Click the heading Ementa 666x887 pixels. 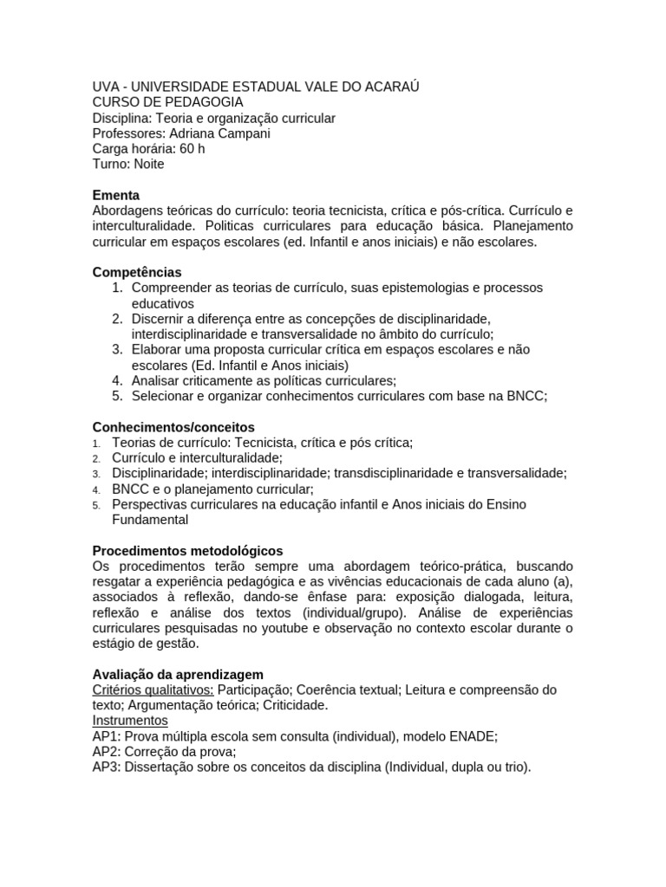pyautogui.click(x=115, y=196)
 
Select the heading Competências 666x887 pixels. pyautogui.click(x=137, y=272)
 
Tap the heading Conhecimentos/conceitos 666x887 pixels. pyautogui.click(x=173, y=427)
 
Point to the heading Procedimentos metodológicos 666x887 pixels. pyautogui.click(x=187, y=551)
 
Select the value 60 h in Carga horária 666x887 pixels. pyautogui.click(x=193, y=149)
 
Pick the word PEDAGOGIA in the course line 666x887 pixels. pyautogui.click(x=199, y=102)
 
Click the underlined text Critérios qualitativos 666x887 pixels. pyautogui.click(x=153, y=690)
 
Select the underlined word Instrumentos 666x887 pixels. pyautogui.click(x=130, y=721)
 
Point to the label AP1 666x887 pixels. pyautogui.click(x=106, y=736)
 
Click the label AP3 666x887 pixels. pyautogui.click(x=106, y=767)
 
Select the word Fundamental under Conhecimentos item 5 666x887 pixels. pyautogui.click(x=150, y=520)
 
